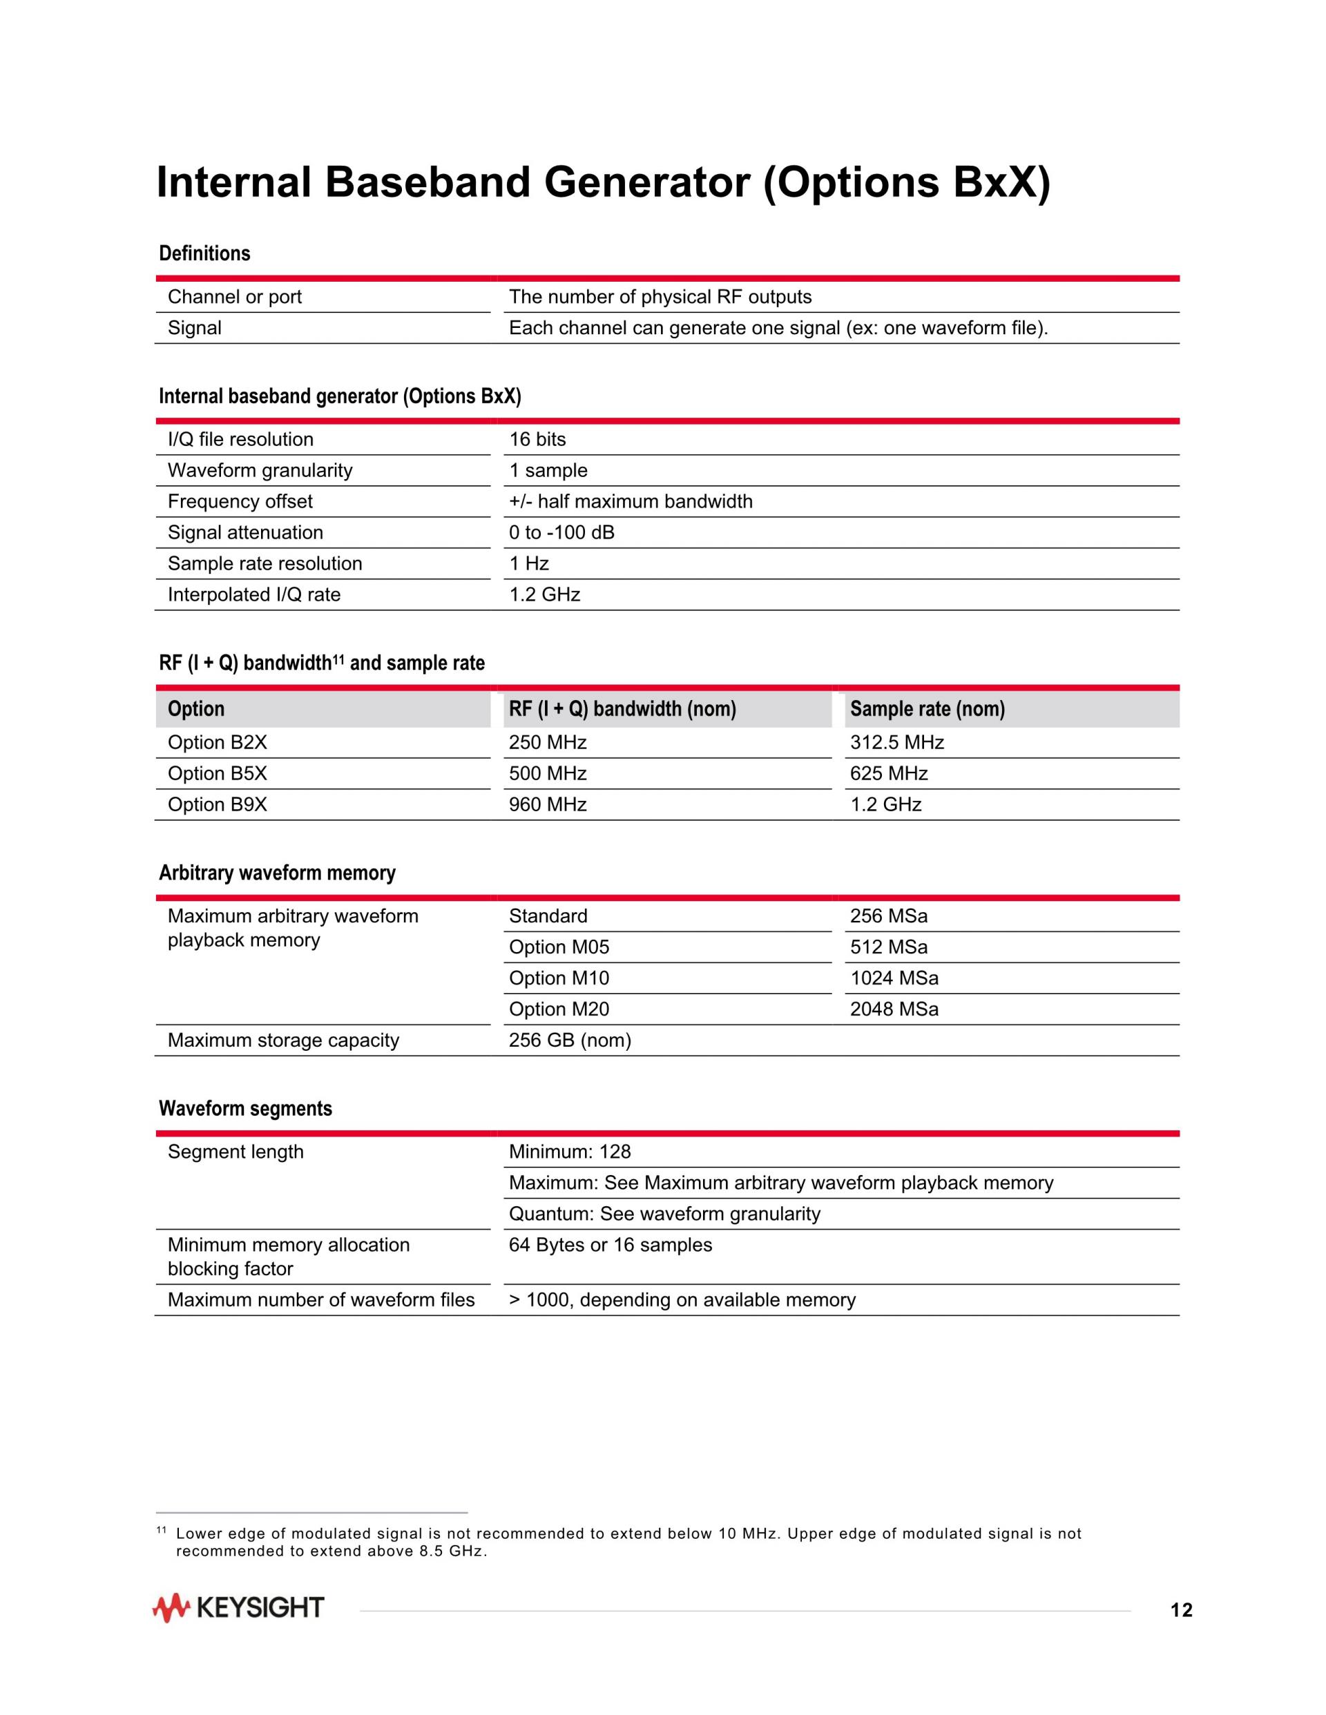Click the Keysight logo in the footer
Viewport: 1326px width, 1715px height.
point(238,1608)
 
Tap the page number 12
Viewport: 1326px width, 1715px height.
point(1181,1611)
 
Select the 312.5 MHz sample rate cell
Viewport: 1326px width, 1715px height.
point(896,743)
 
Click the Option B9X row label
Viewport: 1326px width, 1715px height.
point(217,805)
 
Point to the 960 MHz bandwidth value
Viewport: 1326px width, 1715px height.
point(548,805)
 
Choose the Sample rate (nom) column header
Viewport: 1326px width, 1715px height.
point(927,709)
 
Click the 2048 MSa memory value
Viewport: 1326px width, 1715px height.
point(894,1009)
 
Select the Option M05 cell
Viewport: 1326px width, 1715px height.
point(559,947)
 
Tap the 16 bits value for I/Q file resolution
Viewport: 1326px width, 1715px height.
point(537,440)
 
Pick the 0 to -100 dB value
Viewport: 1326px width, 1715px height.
point(561,533)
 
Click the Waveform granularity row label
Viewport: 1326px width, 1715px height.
point(260,471)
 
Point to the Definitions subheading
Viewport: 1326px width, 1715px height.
point(204,253)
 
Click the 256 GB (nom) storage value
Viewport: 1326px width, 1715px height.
point(570,1040)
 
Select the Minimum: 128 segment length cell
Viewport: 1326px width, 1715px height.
point(570,1152)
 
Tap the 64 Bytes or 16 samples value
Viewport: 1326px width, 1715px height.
point(611,1246)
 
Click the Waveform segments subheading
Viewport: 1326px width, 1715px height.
point(245,1109)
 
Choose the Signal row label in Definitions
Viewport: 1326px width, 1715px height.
point(194,328)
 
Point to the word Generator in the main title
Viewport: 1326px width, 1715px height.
point(646,183)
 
